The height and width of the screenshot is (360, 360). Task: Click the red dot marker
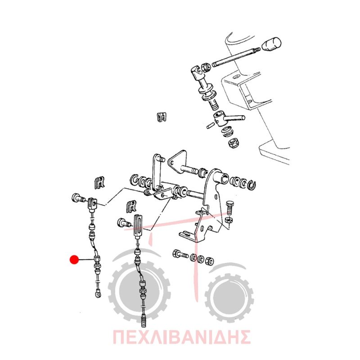click(x=74, y=260)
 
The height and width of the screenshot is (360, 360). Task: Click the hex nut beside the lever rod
click(x=206, y=67)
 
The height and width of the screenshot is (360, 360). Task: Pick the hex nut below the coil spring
click(x=234, y=143)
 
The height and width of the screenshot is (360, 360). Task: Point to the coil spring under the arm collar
click(x=228, y=132)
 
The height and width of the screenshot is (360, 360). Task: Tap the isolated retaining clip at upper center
click(x=162, y=117)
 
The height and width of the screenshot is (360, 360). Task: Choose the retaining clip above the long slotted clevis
click(x=131, y=206)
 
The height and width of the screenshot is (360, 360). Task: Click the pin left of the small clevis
click(x=77, y=198)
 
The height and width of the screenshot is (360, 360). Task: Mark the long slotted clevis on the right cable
click(x=139, y=227)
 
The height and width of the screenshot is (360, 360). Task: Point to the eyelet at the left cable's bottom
click(x=99, y=294)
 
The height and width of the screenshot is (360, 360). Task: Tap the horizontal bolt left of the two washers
click(x=180, y=254)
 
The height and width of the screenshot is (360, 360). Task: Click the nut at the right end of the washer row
click(x=210, y=261)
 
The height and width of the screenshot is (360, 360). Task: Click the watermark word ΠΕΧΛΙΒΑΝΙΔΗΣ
click(x=182, y=337)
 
